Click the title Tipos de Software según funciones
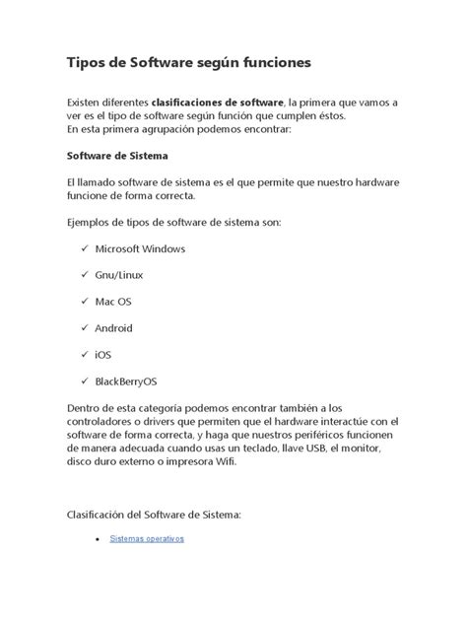188,63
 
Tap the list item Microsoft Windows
141,248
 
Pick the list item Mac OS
113,302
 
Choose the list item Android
114,328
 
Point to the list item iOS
103,355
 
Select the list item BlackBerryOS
125,381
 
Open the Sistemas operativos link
147,539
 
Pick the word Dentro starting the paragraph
86,407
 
